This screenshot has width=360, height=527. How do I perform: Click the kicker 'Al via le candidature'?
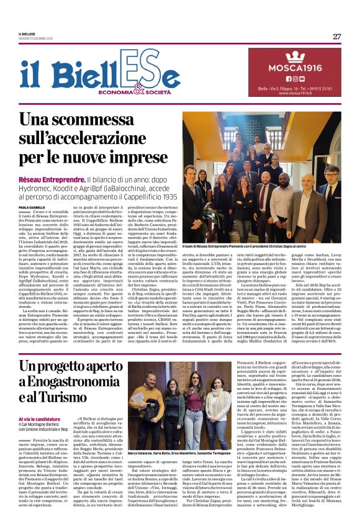coord(39,419)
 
